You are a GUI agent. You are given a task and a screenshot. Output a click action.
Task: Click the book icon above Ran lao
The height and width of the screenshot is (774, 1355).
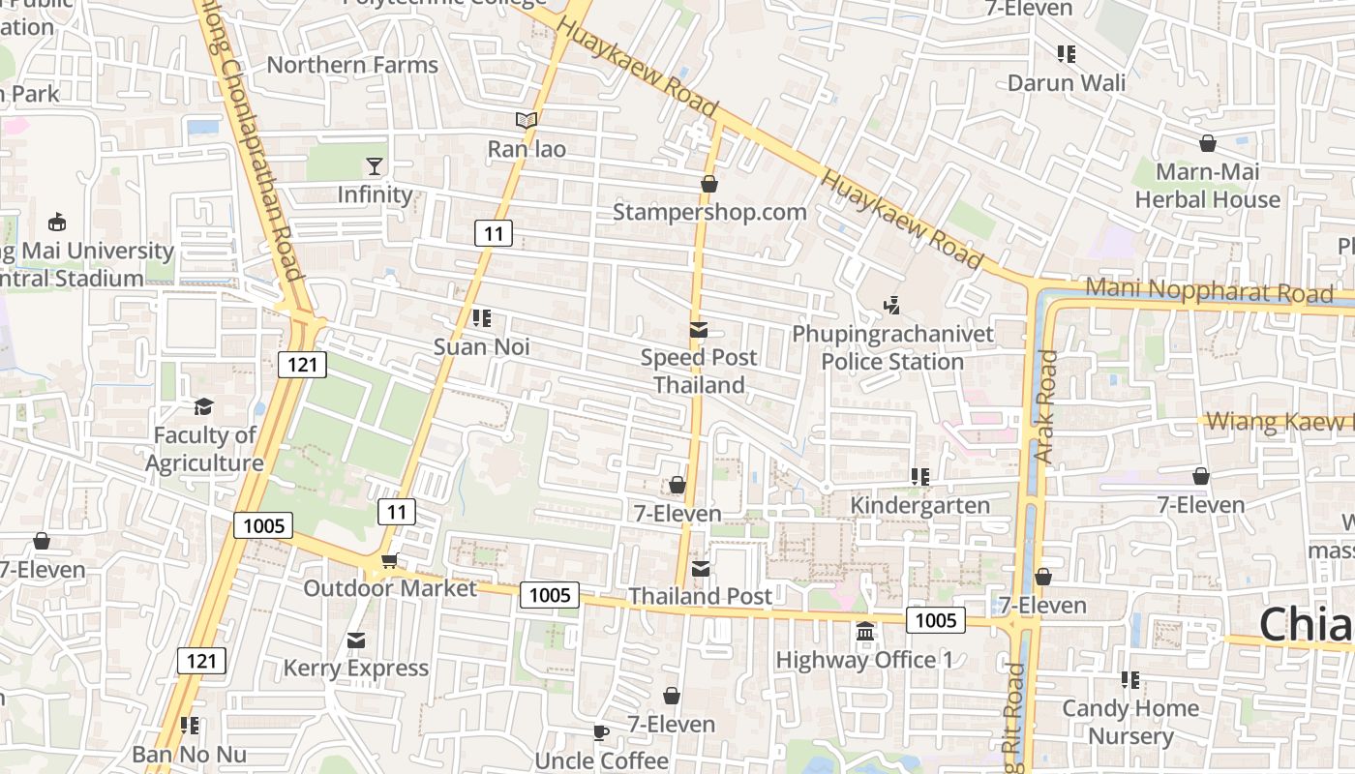[x=526, y=121]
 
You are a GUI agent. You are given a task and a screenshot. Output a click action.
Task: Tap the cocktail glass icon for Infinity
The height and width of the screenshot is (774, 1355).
[x=375, y=165]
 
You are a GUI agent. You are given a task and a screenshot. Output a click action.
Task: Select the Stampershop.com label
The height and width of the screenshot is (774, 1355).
[x=709, y=212]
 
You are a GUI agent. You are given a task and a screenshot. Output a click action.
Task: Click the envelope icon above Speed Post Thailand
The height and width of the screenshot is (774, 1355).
[x=699, y=330]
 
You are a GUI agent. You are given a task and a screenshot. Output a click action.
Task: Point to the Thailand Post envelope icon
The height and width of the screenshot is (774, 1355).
[x=700, y=568]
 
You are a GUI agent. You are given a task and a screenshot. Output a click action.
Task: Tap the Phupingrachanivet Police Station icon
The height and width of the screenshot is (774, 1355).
[x=892, y=306]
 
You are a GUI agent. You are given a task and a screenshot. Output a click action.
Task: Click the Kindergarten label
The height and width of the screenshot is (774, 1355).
[x=919, y=505]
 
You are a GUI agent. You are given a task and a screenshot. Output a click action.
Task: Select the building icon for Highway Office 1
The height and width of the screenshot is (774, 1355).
[x=864, y=632]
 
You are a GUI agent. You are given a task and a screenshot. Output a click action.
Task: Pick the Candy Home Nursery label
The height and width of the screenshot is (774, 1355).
[x=1129, y=722]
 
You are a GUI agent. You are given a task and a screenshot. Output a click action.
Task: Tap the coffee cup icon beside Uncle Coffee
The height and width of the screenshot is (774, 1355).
[x=600, y=732]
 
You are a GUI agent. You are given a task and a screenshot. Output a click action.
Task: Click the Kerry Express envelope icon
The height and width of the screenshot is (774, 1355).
[x=356, y=640]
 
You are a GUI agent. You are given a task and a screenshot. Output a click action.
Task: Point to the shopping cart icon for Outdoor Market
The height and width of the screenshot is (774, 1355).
[x=390, y=560]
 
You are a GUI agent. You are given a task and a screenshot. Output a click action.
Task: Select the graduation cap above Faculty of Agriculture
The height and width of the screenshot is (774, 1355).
[x=203, y=406]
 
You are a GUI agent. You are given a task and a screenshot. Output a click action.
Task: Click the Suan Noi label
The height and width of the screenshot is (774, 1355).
[x=481, y=346]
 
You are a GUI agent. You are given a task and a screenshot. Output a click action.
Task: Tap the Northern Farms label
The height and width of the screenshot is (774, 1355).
[x=352, y=65]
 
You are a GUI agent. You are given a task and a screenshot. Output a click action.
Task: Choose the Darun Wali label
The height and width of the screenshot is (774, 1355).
[x=1067, y=82]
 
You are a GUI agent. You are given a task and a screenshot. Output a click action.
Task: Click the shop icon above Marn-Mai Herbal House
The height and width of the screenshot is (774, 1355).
[x=1208, y=144]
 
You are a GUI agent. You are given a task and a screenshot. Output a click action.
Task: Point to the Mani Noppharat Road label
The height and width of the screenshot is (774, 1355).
[x=1209, y=290]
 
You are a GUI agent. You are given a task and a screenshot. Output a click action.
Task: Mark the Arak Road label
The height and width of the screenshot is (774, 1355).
[x=1046, y=406]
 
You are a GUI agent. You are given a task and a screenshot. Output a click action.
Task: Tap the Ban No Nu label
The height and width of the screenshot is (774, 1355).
[x=190, y=754]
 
